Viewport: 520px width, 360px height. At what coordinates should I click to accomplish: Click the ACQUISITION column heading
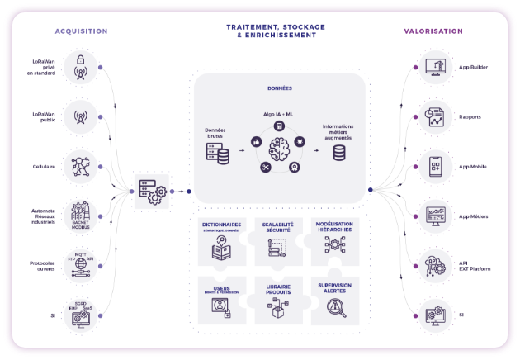tap(81, 31)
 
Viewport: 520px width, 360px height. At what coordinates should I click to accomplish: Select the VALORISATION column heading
tap(433, 31)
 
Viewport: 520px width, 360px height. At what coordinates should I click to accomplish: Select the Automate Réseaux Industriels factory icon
tap(80, 216)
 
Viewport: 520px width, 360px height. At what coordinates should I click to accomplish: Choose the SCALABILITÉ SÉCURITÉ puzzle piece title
tap(278, 227)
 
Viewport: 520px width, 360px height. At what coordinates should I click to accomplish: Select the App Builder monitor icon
tap(434, 67)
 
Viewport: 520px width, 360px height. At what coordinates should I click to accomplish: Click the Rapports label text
tap(470, 116)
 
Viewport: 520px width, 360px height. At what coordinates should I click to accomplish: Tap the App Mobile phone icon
tap(434, 166)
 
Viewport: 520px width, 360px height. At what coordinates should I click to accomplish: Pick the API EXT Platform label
tap(474, 266)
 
